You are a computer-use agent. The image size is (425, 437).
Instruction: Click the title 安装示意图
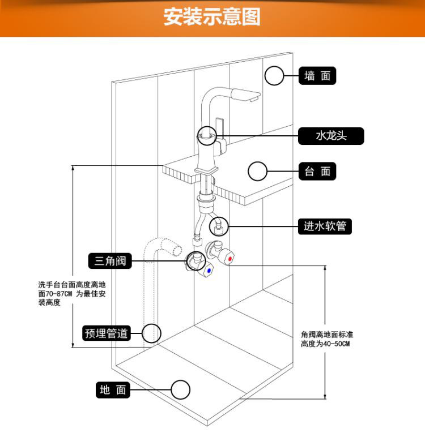(212, 17)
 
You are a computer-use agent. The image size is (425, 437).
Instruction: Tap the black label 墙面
(317, 76)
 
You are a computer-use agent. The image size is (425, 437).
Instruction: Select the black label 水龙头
(331, 136)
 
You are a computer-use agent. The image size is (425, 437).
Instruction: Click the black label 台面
(317, 171)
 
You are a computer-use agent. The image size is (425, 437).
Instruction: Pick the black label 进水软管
(325, 226)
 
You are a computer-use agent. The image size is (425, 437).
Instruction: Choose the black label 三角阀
(110, 261)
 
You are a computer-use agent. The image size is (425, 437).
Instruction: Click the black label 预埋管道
(107, 333)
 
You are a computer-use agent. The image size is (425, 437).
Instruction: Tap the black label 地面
(112, 390)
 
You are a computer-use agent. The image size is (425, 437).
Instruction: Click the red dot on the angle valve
(228, 259)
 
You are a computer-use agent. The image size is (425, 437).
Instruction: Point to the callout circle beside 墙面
(275, 76)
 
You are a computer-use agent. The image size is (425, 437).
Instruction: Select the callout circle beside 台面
(258, 171)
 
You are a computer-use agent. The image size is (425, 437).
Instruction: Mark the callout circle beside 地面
(181, 390)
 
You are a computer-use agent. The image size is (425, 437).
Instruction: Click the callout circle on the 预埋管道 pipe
(151, 333)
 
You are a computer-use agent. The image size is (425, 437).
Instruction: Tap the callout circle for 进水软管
(219, 226)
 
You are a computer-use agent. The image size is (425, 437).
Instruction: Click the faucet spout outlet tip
(253, 100)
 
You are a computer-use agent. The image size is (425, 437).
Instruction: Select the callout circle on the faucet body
(207, 136)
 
